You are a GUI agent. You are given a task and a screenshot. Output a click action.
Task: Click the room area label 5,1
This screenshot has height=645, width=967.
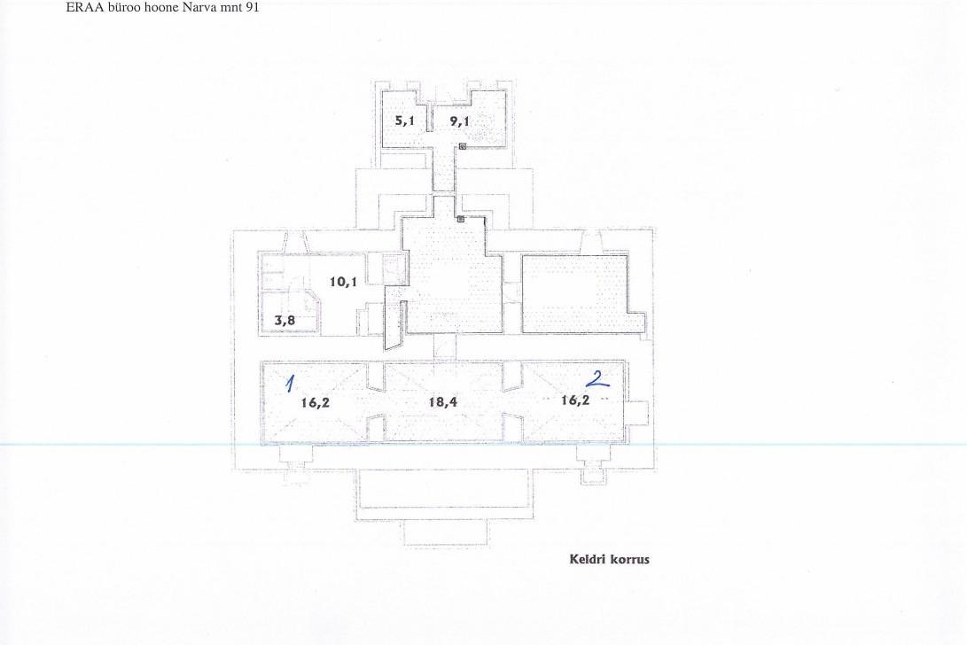(404, 120)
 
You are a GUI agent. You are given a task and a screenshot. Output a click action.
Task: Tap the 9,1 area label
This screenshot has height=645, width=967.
(459, 120)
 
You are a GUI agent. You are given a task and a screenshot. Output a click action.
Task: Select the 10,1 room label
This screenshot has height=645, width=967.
(344, 282)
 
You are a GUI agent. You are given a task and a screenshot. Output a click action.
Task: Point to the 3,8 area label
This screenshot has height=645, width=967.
(285, 320)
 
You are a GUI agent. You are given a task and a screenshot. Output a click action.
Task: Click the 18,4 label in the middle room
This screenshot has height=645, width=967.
(443, 402)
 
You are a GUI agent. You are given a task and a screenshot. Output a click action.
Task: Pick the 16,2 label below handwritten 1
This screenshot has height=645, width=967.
(316, 402)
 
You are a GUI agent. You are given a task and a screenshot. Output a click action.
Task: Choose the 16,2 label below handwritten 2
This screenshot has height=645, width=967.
(575, 400)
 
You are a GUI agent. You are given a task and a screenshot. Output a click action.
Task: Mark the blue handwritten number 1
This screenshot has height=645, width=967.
(289, 383)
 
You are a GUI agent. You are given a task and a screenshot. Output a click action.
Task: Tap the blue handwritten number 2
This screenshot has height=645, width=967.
(597, 378)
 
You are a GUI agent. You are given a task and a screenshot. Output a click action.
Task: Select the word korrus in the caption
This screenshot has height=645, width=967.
(629, 559)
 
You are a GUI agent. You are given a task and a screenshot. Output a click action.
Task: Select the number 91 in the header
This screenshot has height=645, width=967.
(253, 7)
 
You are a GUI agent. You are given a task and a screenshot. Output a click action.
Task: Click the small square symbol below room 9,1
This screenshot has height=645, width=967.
(462, 146)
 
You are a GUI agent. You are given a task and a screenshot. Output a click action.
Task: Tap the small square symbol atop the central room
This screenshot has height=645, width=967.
(461, 218)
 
